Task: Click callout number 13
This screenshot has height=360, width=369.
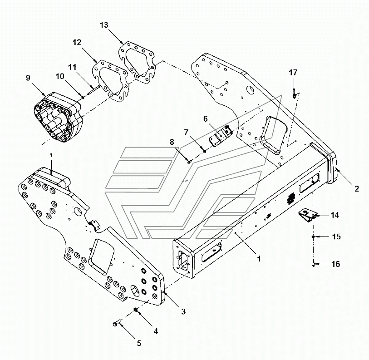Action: [x=104, y=25]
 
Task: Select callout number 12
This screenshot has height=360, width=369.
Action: [x=77, y=42]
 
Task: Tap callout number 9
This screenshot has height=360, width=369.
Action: [x=28, y=78]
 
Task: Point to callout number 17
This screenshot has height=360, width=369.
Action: [x=293, y=73]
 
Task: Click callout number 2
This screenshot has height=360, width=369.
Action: [x=357, y=188]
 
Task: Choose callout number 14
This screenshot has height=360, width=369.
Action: [x=335, y=215]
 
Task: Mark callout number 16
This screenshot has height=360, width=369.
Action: [x=336, y=264]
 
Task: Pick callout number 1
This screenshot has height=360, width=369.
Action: [x=259, y=259]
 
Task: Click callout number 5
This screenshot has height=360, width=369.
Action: [x=139, y=343]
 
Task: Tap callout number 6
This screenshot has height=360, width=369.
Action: [x=206, y=119]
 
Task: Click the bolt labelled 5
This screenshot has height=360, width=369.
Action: [x=117, y=323]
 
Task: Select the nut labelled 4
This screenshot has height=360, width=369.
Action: [x=136, y=309]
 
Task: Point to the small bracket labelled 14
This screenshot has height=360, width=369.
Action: [x=307, y=216]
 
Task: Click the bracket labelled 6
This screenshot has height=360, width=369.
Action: [x=221, y=136]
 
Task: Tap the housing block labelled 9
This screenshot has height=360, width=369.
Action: [x=58, y=118]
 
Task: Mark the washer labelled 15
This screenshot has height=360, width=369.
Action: [x=313, y=237]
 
